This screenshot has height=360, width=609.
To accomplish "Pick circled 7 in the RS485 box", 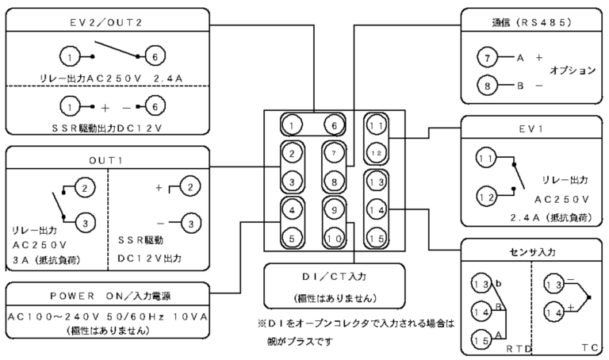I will pos(488,58).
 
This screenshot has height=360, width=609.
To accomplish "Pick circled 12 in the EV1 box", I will pos(485,194).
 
